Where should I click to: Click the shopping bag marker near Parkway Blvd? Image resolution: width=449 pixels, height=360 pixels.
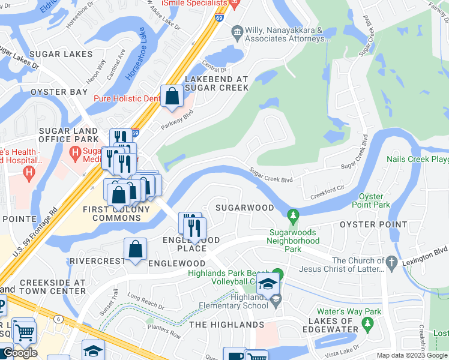pos(172,96)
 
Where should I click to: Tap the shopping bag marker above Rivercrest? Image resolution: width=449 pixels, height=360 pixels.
pos(136,249)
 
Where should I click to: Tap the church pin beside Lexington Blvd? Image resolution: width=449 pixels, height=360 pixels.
pos(391,262)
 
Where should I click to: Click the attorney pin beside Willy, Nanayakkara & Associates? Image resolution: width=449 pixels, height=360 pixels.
pos(237,31)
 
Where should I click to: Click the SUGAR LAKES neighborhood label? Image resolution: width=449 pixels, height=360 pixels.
pos(60,55)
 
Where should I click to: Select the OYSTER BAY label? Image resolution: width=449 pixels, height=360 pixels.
pos(59,92)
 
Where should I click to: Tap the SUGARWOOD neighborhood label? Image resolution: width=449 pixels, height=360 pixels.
pos(244,208)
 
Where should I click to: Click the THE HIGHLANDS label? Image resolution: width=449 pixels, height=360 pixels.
pos(226,325)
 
